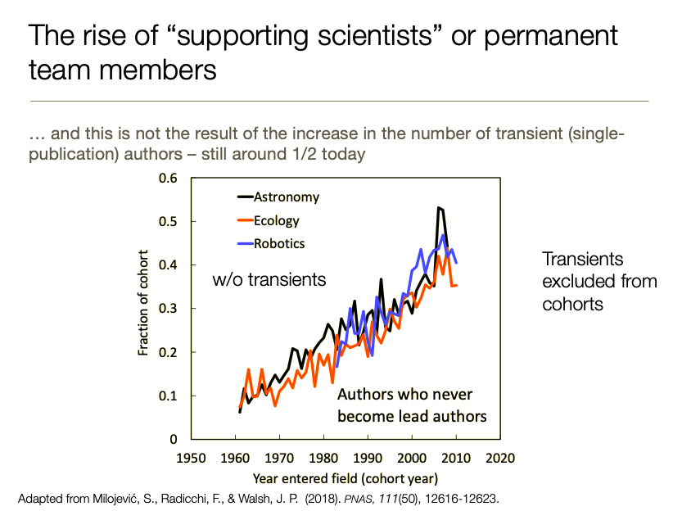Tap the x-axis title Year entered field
pyautogui.click(x=344, y=477)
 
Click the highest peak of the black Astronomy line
pyautogui.click(x=440, y=208)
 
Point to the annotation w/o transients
pyautogui.click(x=269, y=279)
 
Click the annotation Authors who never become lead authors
pyautogui.click(x=412, y=405)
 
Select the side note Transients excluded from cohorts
pyautogui.click(x=599, y=281)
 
